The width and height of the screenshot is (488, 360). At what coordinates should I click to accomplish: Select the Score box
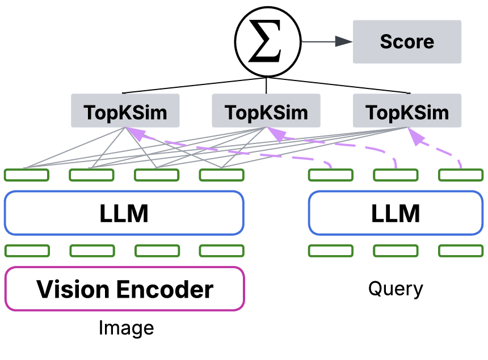point(407,42)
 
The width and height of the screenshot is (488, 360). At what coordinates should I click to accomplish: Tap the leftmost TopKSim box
point(125,111)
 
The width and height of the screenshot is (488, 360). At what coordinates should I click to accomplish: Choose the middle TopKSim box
point(266,111)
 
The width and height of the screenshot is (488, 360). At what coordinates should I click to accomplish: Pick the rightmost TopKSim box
point(407,111)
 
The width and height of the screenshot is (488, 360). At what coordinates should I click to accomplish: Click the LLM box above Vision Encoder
point(124,213)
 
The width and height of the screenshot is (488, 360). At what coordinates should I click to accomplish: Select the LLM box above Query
point(396,213)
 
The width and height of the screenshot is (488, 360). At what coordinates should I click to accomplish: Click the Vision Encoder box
point(125,289)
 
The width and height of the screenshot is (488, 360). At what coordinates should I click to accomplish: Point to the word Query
point(396,289)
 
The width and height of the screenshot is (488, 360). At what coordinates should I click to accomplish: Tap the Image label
point(126,328)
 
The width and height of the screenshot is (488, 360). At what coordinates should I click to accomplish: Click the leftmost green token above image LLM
point(27,175)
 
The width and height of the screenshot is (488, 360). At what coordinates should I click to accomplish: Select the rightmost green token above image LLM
point(222,175)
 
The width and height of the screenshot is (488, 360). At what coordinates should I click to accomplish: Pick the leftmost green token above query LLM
point(331,175)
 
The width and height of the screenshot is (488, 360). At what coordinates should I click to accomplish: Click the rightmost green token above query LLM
point(461,175)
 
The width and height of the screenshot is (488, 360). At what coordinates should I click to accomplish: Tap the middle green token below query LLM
point(396,251)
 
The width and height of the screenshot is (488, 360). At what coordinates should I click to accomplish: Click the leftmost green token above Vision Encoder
point(27,251)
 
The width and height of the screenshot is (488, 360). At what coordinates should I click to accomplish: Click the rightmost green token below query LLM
point(461,251)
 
